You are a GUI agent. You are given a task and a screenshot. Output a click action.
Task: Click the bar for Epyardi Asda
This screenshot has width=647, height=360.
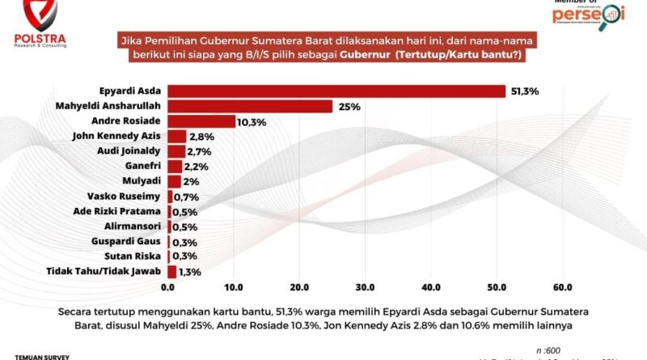(x=336, y=91)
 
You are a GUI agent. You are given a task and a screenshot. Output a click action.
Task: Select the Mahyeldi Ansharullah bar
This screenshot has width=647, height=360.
(x=250, y=106)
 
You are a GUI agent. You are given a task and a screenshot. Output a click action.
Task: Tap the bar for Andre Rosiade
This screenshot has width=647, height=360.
(x=201, y=121)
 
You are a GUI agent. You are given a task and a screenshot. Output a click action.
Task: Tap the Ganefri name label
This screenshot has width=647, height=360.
(x=142, y=166)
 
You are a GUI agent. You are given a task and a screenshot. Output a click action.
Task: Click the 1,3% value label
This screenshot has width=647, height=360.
(x=190, y=272)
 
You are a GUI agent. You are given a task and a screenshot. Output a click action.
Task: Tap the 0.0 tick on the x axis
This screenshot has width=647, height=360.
(x=168, y=287)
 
